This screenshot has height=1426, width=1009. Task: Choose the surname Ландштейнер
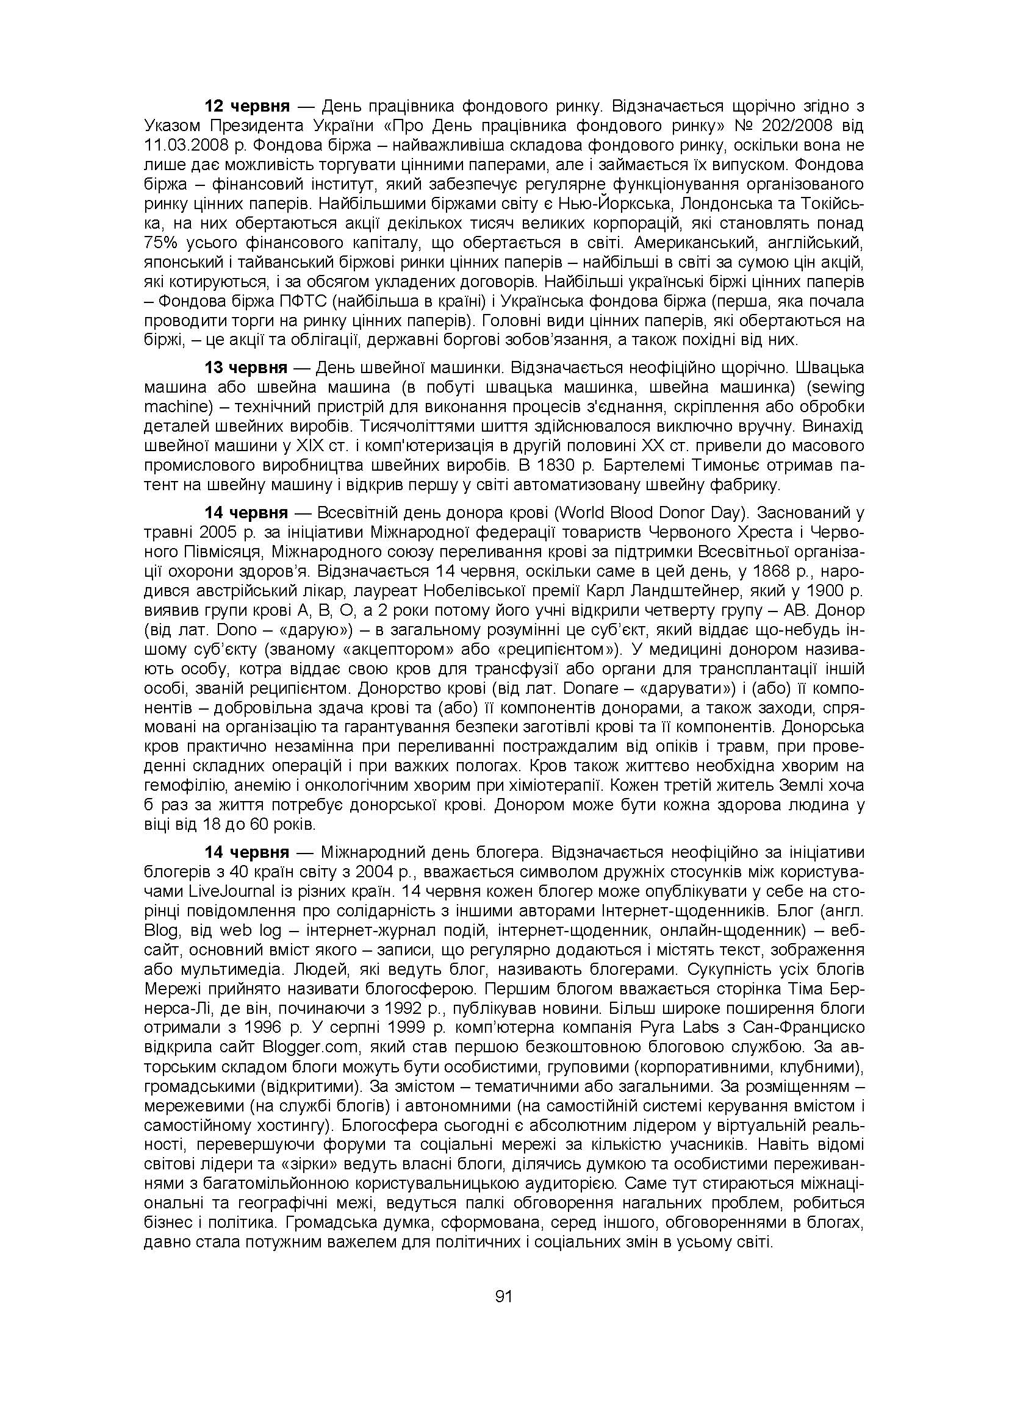[x=691, y=591]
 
